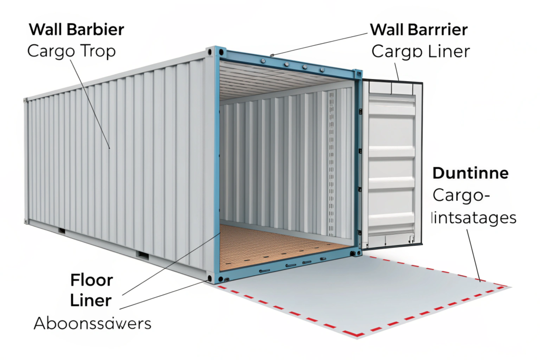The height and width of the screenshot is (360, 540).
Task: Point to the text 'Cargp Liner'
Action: click(x=421, y=52)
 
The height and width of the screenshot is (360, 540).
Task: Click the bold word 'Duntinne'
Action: click(x=470, y=173)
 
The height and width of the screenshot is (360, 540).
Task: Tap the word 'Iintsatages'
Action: click(x=474, y=217)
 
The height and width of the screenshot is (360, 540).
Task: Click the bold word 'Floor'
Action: click(x=91, y=279)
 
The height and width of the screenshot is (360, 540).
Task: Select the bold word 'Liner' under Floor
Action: click(x=91, y=300)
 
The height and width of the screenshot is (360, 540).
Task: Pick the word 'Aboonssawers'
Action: click(x=92, y=323)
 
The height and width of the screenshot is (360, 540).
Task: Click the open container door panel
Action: click(x=391, y=163)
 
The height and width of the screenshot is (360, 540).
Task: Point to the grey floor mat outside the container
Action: click(x=359, y=295)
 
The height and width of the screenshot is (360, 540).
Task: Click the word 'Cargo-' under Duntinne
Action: click(x=461, y=196)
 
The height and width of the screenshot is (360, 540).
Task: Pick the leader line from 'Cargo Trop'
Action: click(x=90, y=100)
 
